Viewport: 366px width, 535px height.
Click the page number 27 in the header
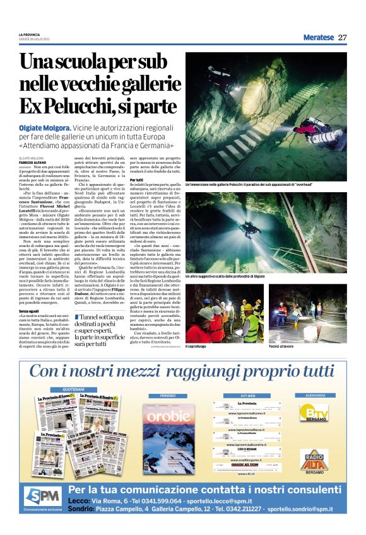tap(342, 37)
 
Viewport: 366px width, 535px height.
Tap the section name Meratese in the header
tap(318, 37)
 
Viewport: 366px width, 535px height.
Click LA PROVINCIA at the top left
tap(29, 34)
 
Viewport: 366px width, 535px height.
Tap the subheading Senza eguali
tap(29, 312)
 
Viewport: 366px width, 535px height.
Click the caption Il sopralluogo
tap(198, 345)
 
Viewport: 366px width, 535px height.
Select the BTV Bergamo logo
tap(314, 412)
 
